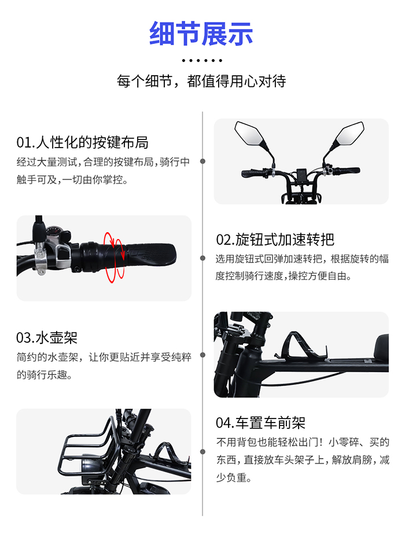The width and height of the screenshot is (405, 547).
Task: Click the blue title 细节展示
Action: [201, 33]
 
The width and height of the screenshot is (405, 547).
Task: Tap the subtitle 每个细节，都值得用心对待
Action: [201, 80]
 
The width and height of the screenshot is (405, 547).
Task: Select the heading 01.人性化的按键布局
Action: [83, 142]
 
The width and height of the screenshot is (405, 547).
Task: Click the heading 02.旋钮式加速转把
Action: [275, 239]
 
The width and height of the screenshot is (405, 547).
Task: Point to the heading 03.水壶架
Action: [47, 337]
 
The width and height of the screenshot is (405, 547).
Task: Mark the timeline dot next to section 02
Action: [202, 258]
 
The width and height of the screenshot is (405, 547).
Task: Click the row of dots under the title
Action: [202, 60]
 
